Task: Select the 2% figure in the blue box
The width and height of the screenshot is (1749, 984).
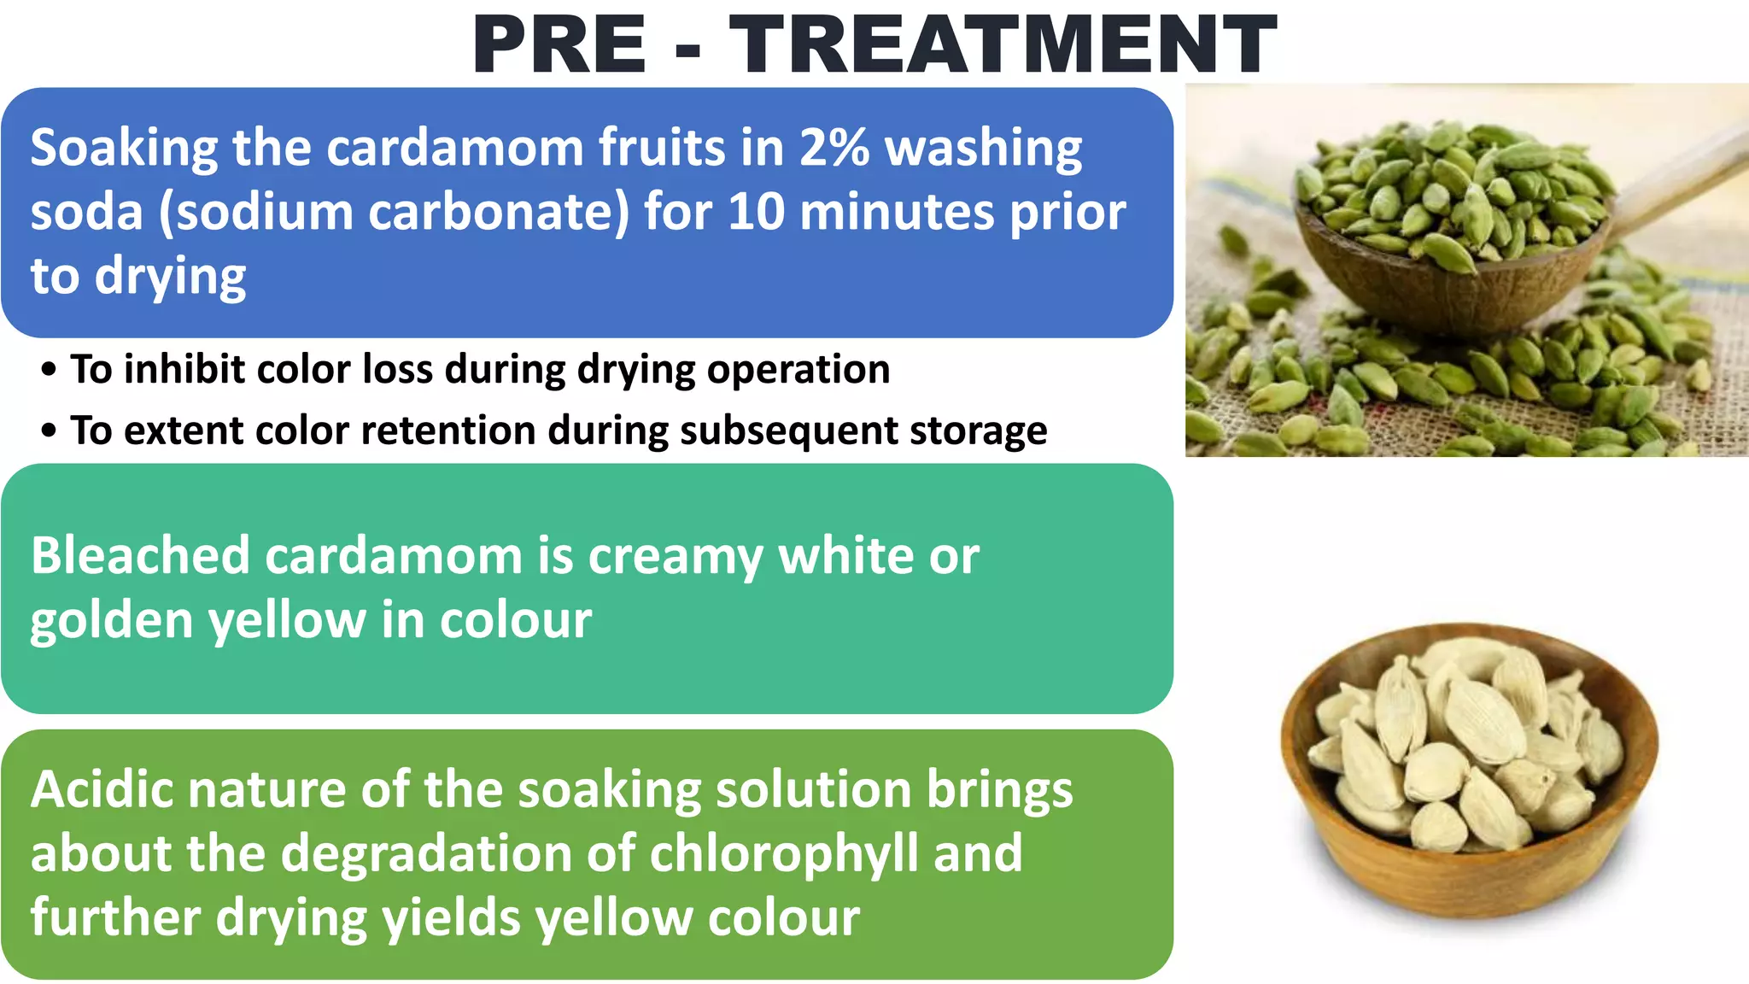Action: (834, 147)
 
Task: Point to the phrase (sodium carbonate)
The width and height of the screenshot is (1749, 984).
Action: (394, 211)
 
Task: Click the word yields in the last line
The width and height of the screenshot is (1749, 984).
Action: (450, 918)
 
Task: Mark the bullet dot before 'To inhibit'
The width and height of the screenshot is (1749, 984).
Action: (49, 370)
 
